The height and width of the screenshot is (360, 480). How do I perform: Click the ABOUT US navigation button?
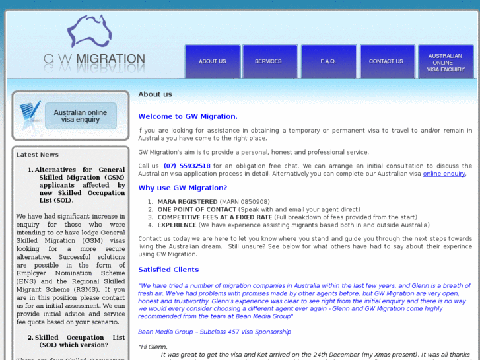[213, 61]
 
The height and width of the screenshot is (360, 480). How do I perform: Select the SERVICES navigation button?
[268, 61]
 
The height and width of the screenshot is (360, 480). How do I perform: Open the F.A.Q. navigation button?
[328, 61]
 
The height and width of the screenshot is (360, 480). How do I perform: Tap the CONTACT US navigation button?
[386, 61]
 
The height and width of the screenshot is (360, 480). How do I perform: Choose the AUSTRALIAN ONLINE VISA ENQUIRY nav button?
[446, 62]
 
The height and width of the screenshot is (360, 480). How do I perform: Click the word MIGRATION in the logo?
[110, 59]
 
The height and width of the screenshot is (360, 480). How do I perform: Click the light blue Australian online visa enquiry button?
[80, 116]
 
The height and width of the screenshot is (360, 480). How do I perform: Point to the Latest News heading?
[37, 155]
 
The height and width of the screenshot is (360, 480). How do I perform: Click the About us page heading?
[155, 94]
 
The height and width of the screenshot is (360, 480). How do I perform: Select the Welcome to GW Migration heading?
[188, 116]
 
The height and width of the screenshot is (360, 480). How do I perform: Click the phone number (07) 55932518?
[187, 166]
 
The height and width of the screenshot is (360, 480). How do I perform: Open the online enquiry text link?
[444, 174]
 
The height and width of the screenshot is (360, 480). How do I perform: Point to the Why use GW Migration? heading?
[182, 188]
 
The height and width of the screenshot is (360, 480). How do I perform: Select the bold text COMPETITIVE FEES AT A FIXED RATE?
[215, 217]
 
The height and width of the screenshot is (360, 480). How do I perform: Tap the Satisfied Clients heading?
[168, 270]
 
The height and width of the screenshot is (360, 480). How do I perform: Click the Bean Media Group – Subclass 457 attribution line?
[215, 332]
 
